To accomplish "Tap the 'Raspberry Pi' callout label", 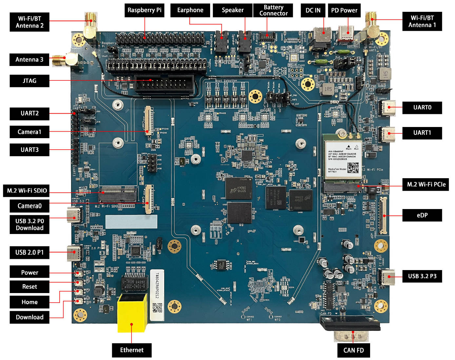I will [x=144, y=10].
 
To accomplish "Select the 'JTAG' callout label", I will [x=30, y=81].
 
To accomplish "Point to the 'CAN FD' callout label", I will [x=353, y=350].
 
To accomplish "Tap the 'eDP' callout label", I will [x=422, y=215].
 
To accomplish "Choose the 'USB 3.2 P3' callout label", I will [x=422, y=276].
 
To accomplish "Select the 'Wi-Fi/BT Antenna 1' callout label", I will [x=422, y=21].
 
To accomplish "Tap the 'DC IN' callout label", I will [x=313, y=10].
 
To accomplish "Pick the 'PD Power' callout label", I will [x=344, y=10].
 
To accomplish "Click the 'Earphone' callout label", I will [x=190, y=10].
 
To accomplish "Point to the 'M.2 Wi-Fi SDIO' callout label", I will [x=27, y=191].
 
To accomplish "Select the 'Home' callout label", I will [x=30, y=302].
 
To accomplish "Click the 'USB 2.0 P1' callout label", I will [x=30, y=252].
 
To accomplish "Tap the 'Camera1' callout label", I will [x=30, y=132].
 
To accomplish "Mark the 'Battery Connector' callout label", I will [x=273, y=10].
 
